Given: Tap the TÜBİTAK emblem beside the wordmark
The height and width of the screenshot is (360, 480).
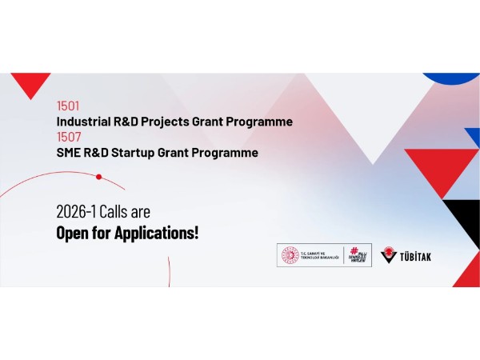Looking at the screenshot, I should (390, 254).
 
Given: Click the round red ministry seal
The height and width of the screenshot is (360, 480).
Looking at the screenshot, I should (288, 255).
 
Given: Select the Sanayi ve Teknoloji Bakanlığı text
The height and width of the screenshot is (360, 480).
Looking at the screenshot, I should (319, 255).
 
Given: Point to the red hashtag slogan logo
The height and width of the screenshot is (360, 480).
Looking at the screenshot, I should (358, 255).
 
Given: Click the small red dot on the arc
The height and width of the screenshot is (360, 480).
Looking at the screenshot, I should (98, 176).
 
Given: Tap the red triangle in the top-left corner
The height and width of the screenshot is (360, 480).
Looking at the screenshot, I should (30, 82).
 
